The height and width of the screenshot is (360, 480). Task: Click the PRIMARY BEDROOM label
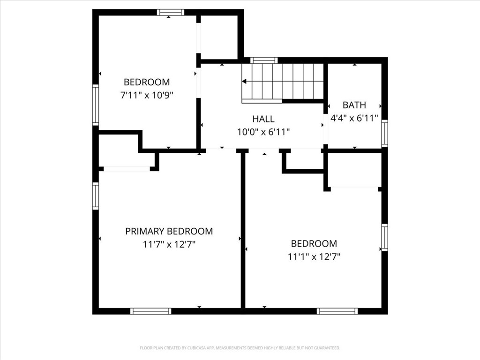pos(169,231)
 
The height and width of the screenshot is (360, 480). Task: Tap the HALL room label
pos(263,119)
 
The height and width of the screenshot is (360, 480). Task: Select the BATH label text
pos(354,105)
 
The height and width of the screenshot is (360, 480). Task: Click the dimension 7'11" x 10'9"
pos(146,95)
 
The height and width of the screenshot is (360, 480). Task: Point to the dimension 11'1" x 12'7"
pos(314,256)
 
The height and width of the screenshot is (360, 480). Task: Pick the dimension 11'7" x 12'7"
pos(169,244)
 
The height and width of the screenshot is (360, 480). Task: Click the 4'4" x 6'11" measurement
pos(354,118)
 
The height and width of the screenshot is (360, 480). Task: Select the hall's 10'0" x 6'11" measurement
pos(263,132)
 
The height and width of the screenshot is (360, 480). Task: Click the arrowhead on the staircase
pos(244,81)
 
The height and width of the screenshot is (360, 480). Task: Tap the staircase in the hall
pos(283,82)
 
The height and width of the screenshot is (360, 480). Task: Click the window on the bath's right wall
pos(384,133)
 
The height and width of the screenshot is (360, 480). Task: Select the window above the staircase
pos(264,60)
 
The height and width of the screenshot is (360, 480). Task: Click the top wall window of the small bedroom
pos(170,12)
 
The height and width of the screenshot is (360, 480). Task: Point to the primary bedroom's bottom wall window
pos(150,311)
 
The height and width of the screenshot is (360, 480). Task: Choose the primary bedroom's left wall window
pos(96,196)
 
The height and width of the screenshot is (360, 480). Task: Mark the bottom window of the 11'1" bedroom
pos(337,311)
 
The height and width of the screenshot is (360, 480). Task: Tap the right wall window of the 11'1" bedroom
pos(384,237)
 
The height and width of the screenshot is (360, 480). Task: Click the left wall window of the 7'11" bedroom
pos(96,105)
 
